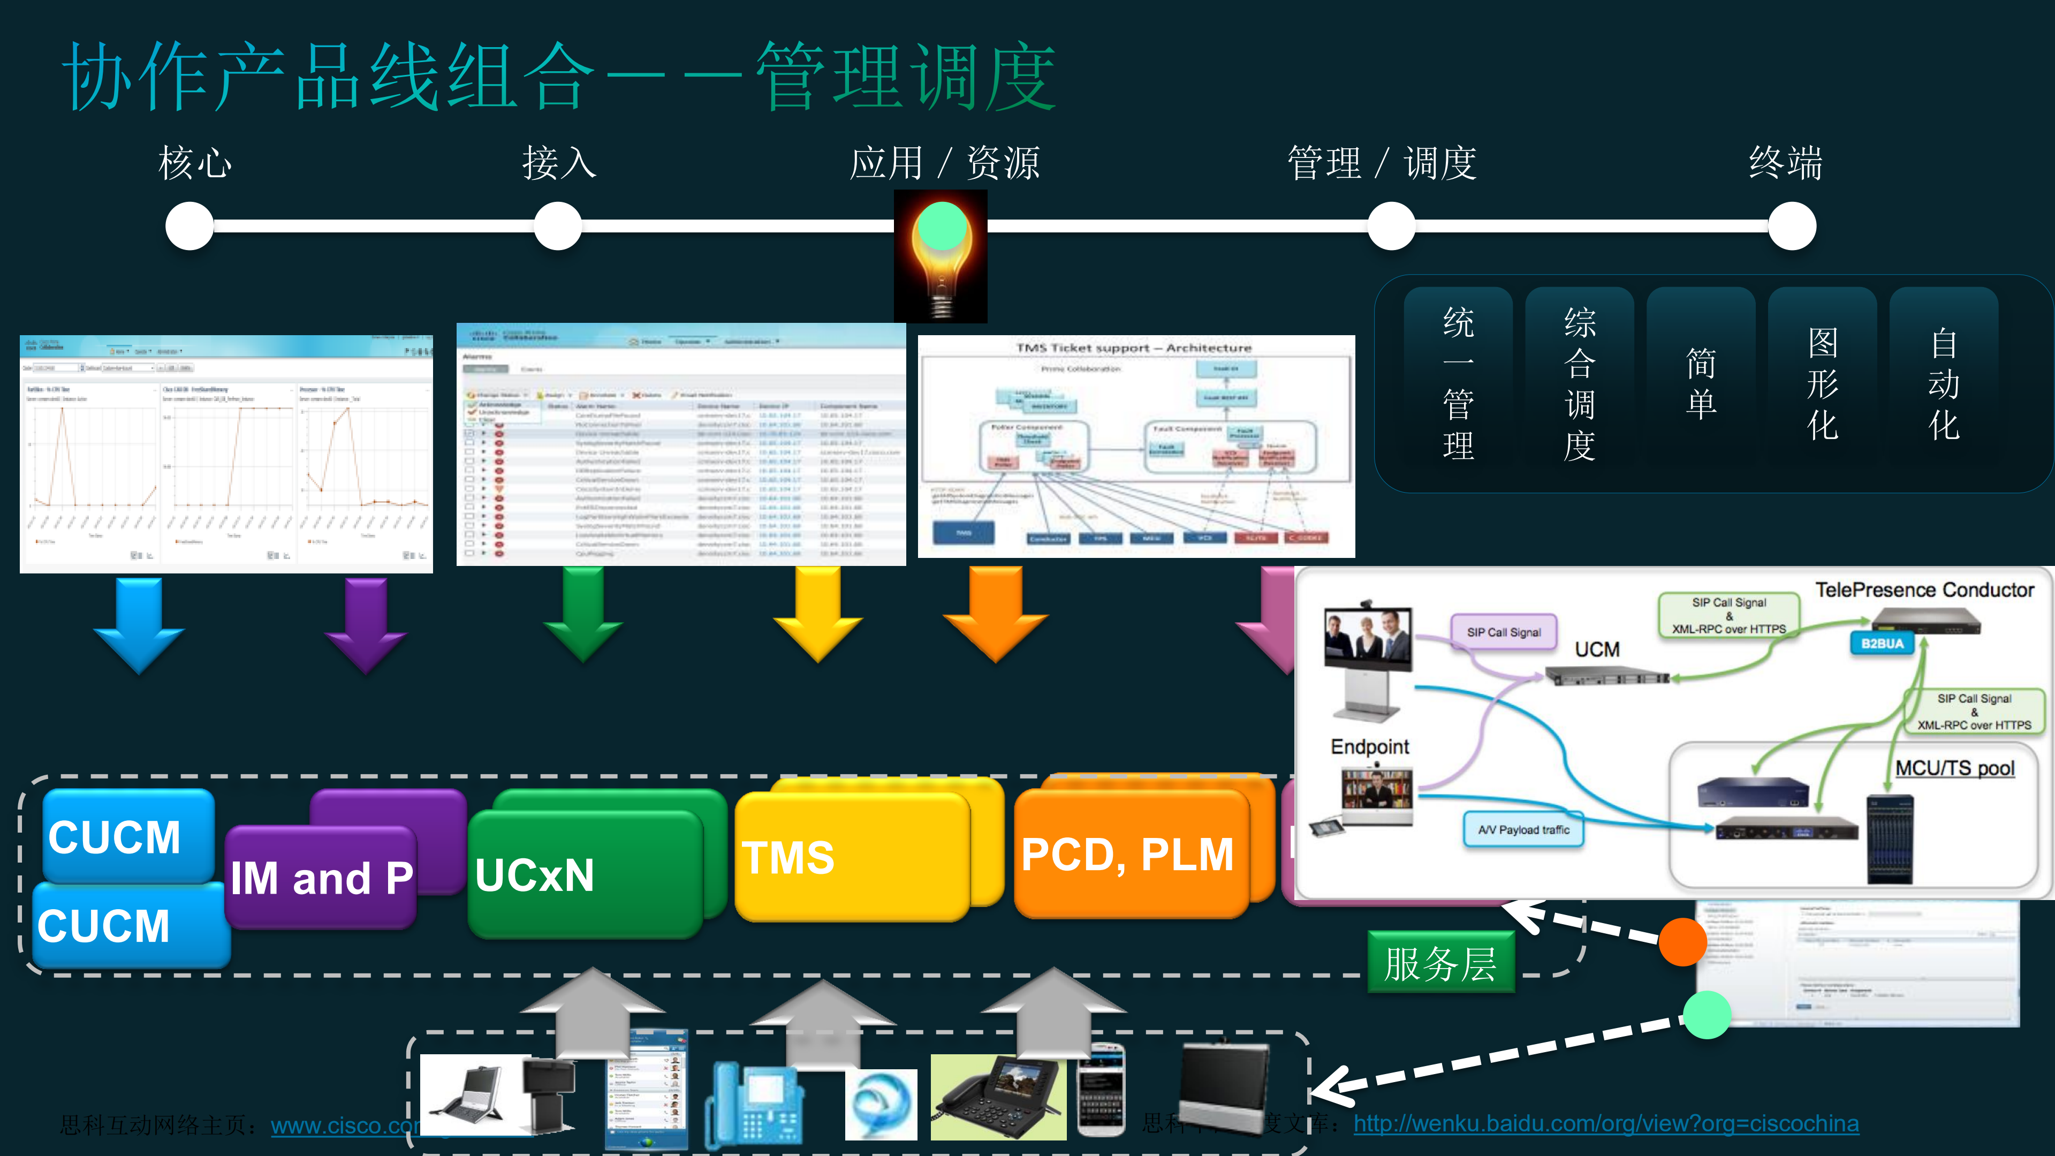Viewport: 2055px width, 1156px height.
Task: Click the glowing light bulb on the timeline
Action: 942,255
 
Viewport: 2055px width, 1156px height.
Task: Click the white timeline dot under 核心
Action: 190,226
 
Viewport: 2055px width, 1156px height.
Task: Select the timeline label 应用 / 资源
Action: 945,163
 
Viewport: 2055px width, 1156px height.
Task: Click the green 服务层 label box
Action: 1440,962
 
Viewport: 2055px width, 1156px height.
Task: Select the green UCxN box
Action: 584,874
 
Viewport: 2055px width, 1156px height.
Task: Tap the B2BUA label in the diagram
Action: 1883,643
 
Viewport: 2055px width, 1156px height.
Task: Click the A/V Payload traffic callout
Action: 1523,830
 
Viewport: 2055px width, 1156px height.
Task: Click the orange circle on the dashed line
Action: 1682,941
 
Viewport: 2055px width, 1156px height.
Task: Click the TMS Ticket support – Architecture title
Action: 1134,348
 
